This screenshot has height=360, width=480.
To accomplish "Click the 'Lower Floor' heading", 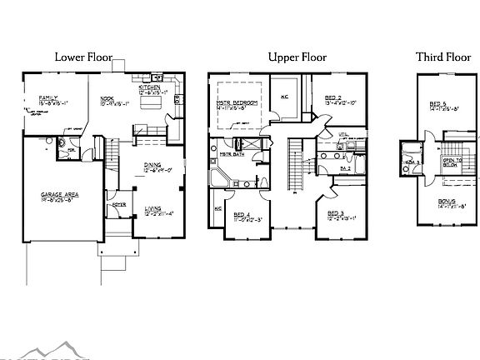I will click(82, 57).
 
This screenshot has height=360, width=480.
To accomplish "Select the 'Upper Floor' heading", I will click(297, 57).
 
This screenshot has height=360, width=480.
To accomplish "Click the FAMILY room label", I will click(48, 99).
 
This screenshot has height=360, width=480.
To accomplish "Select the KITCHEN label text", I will click(151, 87).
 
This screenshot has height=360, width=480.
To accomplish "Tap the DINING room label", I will click(152, 165).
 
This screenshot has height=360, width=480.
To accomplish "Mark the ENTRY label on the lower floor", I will click(118, 203).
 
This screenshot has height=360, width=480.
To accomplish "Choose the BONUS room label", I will click(447, 201).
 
